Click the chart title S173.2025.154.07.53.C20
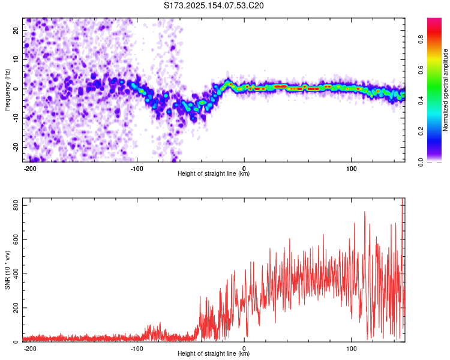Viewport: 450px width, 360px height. [214, 5]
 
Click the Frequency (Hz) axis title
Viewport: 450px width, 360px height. [7, 89]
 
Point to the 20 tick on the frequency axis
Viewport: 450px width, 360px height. [16, 30]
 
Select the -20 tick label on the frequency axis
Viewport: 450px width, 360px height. [16, 147]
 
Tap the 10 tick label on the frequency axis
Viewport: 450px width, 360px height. [16, 59]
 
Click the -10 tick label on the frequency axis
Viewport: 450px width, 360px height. [16, 118]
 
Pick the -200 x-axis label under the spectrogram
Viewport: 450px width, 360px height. [29, 169]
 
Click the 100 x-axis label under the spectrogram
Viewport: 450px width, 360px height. [351, 169]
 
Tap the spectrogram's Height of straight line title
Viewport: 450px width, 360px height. [214, 173]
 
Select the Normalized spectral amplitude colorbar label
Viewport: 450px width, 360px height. [445, 90]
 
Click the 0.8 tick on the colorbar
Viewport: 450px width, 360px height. [421, 40]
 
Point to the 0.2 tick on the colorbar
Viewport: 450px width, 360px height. [421, 131]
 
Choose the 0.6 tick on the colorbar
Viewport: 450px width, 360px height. [421, 70]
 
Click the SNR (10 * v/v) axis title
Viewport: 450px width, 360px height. [7, 270]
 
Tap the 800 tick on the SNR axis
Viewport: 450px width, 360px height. [16, 206]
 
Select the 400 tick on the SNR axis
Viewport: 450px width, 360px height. [16, 274]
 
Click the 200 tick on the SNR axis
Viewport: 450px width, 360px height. [16, 308]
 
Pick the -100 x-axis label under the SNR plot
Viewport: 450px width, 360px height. [137, 349]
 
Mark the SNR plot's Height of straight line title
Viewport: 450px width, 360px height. [214, 353]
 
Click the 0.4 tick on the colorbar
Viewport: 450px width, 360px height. [421, 101]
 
